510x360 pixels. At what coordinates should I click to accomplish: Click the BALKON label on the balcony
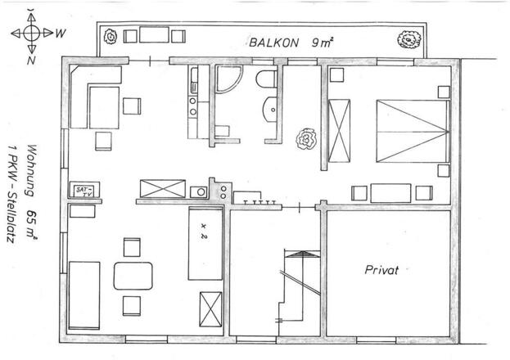273,43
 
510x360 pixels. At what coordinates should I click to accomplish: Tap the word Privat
381,270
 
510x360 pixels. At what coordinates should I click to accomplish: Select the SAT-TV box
84,191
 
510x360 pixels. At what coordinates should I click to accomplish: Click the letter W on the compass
61,33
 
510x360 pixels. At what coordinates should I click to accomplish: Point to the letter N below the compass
31,61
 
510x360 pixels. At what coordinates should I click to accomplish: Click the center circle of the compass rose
32,33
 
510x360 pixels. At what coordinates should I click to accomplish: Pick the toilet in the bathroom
266,79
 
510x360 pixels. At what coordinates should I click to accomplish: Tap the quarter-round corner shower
228,79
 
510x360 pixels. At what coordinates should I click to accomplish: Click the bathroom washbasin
270,110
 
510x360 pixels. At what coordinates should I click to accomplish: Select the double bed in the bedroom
413,132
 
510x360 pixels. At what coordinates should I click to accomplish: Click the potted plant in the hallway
306,139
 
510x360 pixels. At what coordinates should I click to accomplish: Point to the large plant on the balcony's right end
409,39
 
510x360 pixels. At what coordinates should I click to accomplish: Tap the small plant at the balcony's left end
111,37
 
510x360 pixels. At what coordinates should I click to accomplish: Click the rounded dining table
133,276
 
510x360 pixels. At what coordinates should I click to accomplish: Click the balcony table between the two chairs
154,35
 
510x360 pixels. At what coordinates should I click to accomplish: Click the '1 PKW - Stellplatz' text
12,194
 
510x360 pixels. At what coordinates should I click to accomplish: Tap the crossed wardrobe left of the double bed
339,131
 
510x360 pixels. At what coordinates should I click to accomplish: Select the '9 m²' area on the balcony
323,43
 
